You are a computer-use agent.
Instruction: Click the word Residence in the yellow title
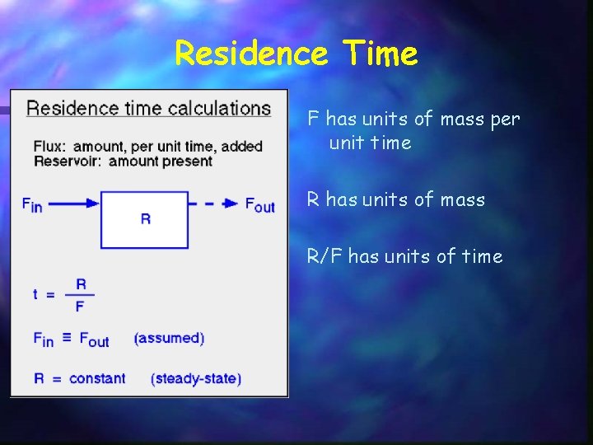(251, 54)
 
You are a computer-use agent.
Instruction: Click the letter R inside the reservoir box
(145, 219)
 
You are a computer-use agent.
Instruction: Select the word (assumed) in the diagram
(169, 338)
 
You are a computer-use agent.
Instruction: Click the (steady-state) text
(196, 378)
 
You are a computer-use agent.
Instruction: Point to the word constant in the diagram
(97, 378)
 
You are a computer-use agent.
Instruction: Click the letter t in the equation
(36, 294)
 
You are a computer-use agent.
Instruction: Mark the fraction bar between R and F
(81, 295)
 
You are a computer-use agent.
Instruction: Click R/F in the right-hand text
(325, 256)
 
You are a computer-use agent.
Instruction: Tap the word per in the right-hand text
(505, 119)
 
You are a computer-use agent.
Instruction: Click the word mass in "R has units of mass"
(462, 199)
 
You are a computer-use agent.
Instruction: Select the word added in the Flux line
(245, 147)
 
